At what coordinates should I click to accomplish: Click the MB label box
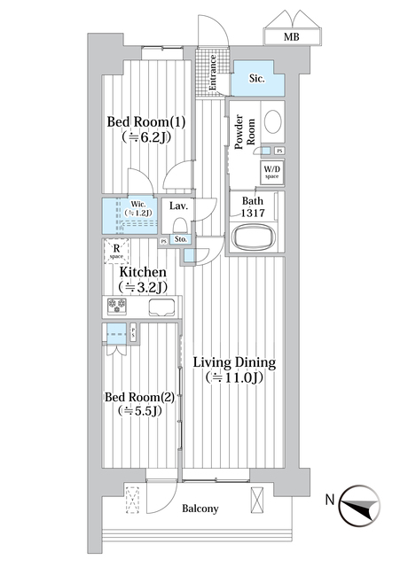coord(291,36)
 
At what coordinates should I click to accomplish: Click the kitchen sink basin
coord(161,307)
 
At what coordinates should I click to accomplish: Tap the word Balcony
coord(200,509)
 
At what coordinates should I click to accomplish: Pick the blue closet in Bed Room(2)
coord(115,335)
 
